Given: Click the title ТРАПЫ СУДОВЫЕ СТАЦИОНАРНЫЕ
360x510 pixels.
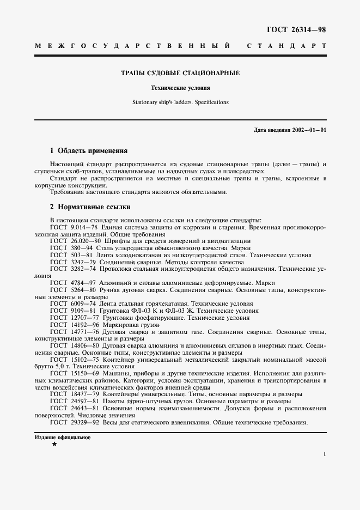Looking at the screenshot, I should [180, 72].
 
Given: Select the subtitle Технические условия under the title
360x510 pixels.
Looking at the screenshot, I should [180, 88].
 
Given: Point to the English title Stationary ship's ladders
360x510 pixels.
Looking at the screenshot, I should [180, 102].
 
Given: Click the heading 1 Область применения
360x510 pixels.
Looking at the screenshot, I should [88, 150].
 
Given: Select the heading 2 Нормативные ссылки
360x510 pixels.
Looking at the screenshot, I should [90, 207].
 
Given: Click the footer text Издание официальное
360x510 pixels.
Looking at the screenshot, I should [62, 438].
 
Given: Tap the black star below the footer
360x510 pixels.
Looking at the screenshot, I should [53, 445].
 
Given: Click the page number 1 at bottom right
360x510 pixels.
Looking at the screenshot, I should [324, 453].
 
